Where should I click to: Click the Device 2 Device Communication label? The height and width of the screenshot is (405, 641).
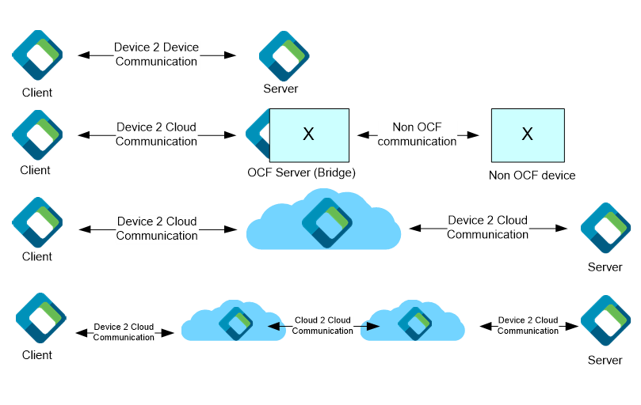point(157,55)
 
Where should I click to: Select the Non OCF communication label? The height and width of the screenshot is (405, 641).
point(418,134)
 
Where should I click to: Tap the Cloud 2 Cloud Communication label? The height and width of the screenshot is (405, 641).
point(322,326)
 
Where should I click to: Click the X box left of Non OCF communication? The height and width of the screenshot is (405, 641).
point(309,135)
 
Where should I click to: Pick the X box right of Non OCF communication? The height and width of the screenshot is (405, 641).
point(528,135)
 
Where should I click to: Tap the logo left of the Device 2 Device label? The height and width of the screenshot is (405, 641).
point(37,55)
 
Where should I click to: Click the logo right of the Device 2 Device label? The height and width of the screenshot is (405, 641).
point(284,55)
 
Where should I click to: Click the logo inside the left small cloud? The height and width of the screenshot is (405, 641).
point(235,323)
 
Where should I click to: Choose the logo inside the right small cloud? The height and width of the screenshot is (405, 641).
point(414,323)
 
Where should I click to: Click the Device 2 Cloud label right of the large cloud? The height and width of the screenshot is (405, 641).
point(487,228)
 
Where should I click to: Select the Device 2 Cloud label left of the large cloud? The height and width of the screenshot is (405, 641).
point(157,229)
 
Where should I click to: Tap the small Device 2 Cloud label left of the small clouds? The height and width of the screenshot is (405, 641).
point(124,332)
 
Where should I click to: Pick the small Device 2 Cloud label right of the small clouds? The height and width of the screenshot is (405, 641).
point(528,326)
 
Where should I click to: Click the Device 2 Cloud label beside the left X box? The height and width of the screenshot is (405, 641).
point(156,134)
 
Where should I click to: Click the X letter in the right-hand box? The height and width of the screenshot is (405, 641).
point(528,135)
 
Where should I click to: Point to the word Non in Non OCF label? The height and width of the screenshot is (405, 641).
point(405,127)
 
